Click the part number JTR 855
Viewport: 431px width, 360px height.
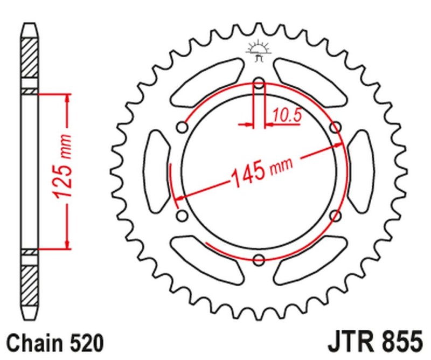pyautogui.click(x=374, y=342)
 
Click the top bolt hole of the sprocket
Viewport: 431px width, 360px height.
pyautogui.click(x=259, y=84)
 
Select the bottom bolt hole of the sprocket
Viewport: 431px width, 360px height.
pyautogui.click(x=259, y=260)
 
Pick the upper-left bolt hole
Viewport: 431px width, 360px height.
pyautogui.click(x=182, y=128)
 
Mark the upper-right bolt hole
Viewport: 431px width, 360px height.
pyautogui.click(x=336, y=128)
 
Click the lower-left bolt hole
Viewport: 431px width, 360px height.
pyautogui.click(x=182, y=216)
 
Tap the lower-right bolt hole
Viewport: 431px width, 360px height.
pyautogui.click(x=336, y=216)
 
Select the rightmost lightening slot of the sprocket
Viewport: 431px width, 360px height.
pyautogui.click(x=360, y=171)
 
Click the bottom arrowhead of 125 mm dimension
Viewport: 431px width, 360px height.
pyautogui.click(x=67, y=245)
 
